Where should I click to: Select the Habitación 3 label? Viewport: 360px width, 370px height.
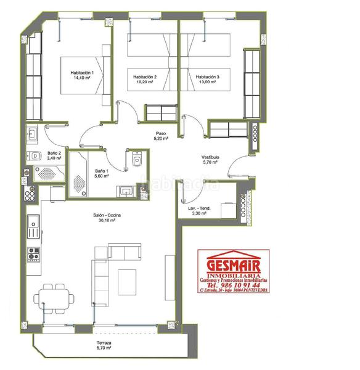pyautogui.click(x=208, y=77)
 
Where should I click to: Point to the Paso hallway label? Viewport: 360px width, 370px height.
pyautogui.click(x=161, y=133)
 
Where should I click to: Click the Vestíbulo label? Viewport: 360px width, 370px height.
pyautogui.click(x=210, y=157)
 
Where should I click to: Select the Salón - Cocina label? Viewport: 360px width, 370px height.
pyautogui.click(x=107, y=215)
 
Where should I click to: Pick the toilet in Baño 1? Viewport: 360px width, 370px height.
pyautogui.click(x=136, y=161)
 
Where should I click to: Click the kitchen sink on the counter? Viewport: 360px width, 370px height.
pyautogui.click(x=32, y=227)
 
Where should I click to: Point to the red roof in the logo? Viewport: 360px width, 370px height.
pyautogui.click(x=233, y=253)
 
